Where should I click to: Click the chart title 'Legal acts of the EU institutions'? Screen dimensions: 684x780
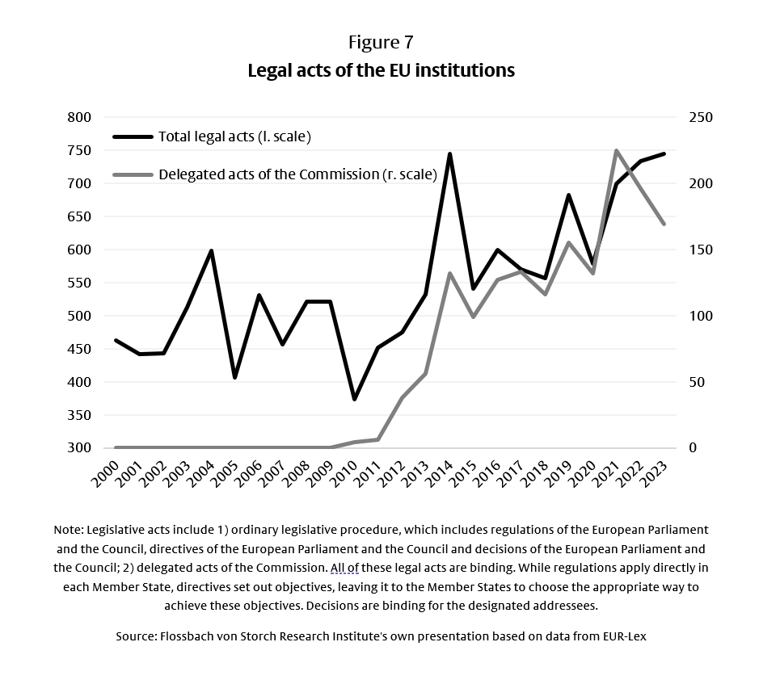tap(381, 70)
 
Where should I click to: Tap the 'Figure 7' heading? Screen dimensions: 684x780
tap(381, 42)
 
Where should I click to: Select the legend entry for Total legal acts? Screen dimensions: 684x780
tap(234, 136)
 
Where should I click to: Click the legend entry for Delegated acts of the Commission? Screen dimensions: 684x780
tap(297, 174)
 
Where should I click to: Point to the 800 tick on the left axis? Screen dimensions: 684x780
tap(79, 118)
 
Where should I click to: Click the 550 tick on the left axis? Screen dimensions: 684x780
tap(79, 283)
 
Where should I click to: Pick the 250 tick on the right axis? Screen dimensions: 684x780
tap(700, 118)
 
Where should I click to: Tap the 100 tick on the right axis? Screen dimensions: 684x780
tap(700, 316)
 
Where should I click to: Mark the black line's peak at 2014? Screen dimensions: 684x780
tap(449, 154)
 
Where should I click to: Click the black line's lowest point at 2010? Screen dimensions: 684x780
tap(354, 399)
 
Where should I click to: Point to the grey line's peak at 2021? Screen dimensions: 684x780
tap(617, 151)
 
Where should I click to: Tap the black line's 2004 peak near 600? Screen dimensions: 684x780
tap(211, 251)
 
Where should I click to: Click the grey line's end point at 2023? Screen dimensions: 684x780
tap(664, 224)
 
